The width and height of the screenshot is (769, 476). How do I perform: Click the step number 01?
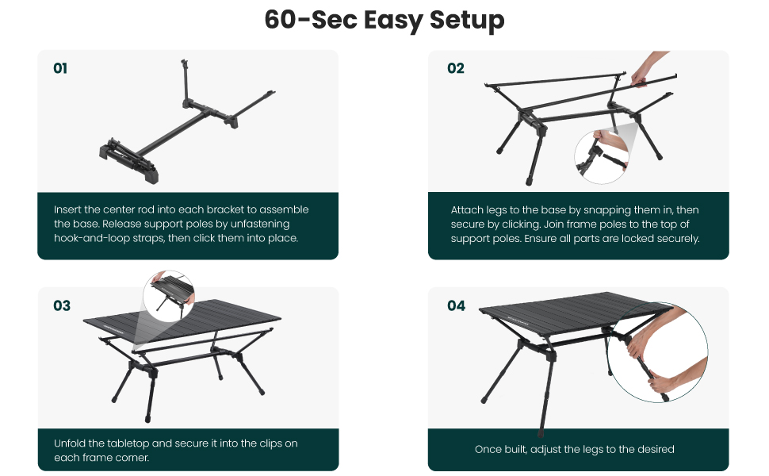click(60, 68)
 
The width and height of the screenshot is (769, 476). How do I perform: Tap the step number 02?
click(455, 68)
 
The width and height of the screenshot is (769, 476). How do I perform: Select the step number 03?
click(61, 305)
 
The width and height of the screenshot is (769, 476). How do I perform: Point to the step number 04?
click(456, 305)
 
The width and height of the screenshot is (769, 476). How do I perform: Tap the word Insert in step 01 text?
click(68, 210)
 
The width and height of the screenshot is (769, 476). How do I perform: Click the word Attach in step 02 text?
click(466, 210)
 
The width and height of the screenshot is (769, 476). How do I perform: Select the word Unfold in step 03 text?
click(70, 443)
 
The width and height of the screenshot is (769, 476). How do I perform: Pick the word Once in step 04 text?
click(488, 450)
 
